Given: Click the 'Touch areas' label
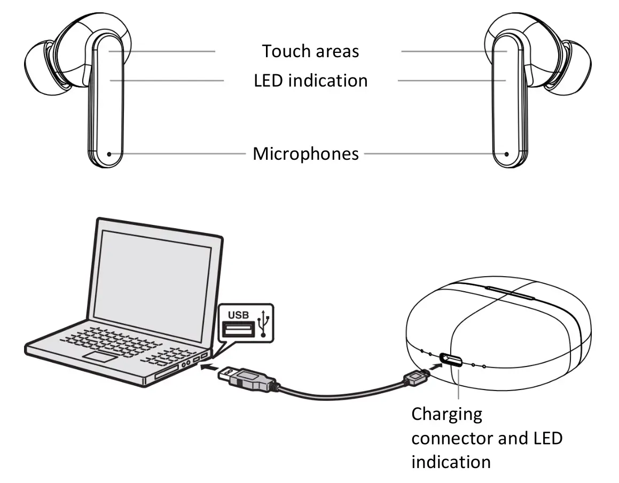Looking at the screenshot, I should coord(310,51).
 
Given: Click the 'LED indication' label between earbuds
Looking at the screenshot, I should coord(310,81).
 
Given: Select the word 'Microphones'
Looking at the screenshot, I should coord(305,154).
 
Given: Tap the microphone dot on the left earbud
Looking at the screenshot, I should coord(109,154).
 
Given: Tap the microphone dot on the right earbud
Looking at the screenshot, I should coord(506,154).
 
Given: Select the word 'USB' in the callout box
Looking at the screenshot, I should coord(238,315).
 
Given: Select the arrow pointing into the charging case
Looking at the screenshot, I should coord(435,367).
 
